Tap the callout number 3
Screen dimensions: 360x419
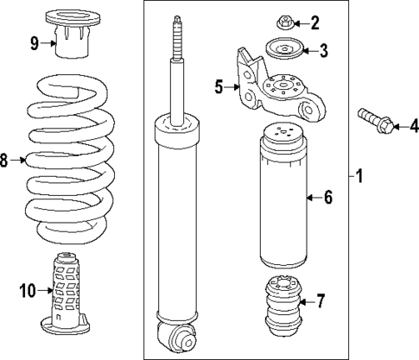pos(323,51)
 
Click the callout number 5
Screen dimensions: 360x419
pos(219,86)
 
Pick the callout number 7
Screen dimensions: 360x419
pos(321,301)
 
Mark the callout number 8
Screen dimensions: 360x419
pos(4,160)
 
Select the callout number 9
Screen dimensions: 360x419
pos(34,41)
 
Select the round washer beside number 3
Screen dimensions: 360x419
pos(285,51)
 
